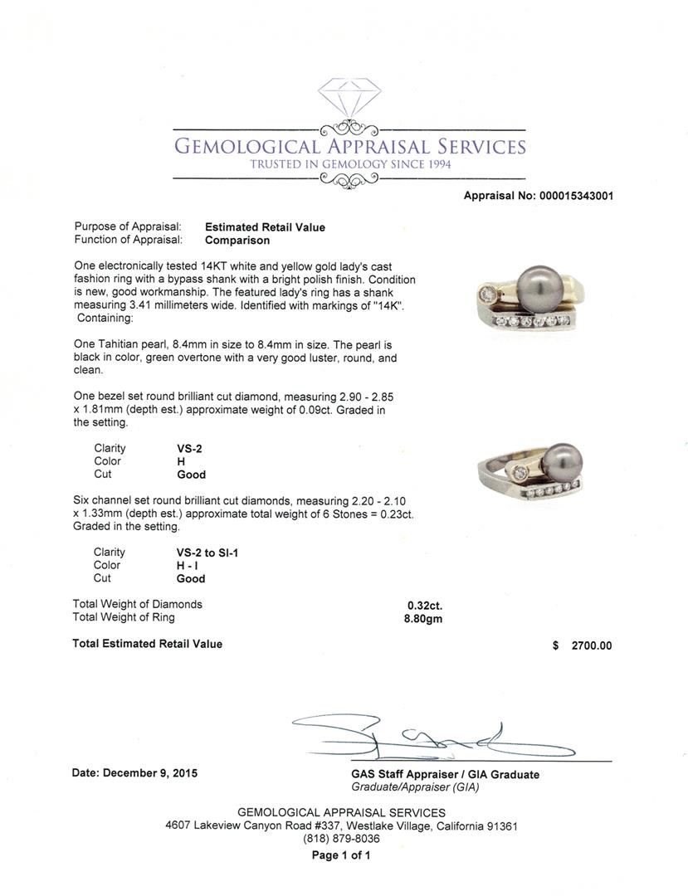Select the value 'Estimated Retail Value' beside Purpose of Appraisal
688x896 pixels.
(x=265, y=227)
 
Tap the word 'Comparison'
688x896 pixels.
(x=237, y=241)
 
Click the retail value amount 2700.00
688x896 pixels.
(x=591, y=645)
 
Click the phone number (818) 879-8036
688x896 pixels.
(x=341, y=839)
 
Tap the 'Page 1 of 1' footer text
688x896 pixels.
(x=341, y=855)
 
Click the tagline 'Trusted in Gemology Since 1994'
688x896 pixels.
(x=349, y=164)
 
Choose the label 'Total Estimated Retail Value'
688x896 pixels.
(x=148, y=644)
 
